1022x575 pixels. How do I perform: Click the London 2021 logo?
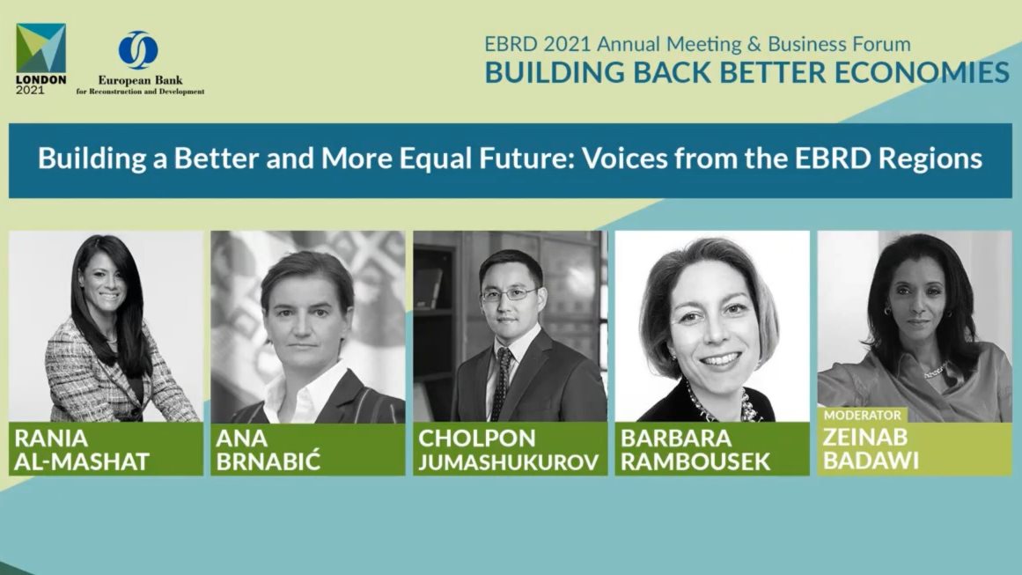41,59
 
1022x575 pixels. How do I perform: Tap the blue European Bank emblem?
138,50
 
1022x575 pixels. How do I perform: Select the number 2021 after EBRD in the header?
567,44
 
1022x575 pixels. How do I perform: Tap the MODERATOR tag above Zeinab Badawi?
863,416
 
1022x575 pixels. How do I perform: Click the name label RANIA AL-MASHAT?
82,449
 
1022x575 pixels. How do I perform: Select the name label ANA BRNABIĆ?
268,449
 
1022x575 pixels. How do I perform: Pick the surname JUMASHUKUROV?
509,461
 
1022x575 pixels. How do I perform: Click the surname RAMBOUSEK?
695,461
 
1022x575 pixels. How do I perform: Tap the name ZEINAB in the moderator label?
865,437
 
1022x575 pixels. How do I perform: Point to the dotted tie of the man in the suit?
501,382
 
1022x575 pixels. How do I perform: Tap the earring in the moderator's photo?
887,312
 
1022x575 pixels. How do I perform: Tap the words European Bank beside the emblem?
140,80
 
